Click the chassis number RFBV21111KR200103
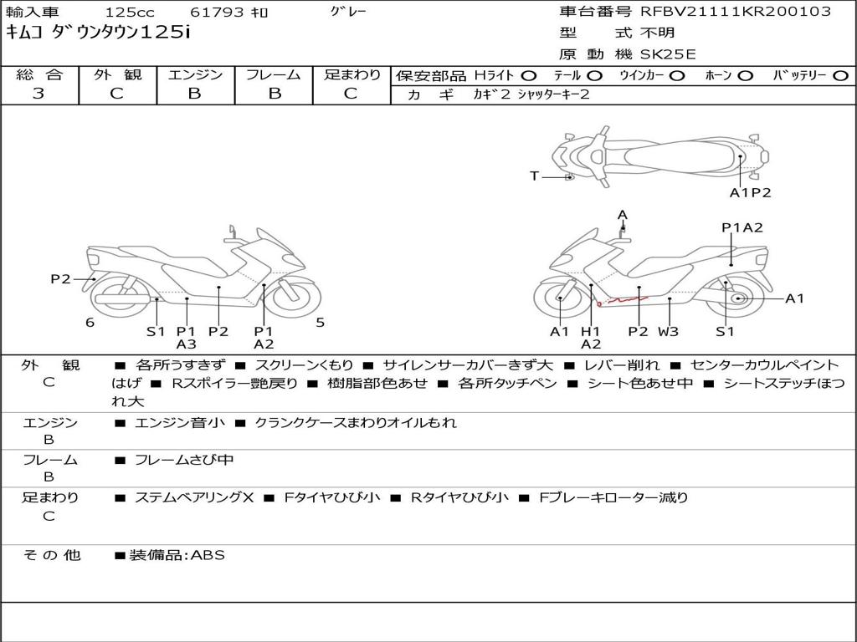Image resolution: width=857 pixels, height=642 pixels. point(736,12)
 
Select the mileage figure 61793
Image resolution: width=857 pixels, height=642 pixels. point(218,13)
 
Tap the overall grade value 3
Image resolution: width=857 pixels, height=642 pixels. point(38,94)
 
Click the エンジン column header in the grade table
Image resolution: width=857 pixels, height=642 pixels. point(195,75)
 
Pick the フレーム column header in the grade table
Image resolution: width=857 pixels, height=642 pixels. point(274,75)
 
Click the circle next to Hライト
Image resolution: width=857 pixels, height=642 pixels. point(529,75)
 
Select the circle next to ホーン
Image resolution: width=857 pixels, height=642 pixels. point(746,75)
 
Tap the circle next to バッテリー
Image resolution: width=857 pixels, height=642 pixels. point(841,75)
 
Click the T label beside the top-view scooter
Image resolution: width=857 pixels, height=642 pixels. point(534,176)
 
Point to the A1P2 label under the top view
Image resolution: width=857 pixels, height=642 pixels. point(750,192)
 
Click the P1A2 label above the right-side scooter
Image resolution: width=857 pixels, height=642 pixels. point(742,227)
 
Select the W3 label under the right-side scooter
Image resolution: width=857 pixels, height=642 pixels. point(668,331)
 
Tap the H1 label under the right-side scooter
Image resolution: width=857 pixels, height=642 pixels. point(591,331)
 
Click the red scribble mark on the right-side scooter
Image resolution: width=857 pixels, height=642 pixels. point(626,298)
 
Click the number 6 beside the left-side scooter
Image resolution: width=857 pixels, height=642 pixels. point(90,323)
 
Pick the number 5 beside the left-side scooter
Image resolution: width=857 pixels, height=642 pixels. point(320,323)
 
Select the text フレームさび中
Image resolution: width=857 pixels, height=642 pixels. point(184,460)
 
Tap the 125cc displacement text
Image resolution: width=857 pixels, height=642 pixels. point(130,13)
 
